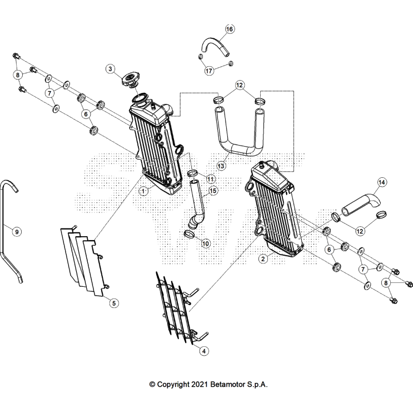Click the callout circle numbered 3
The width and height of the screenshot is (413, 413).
111,69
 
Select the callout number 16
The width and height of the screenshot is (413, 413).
230,29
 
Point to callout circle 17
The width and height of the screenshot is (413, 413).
210,71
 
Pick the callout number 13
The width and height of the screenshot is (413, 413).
221,165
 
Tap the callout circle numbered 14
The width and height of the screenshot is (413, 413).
382,182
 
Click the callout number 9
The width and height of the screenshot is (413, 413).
16,231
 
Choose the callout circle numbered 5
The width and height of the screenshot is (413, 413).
113,303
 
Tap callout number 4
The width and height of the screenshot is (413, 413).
205,351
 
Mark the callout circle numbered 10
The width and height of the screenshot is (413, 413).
206,243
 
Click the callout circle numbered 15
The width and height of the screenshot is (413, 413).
212,191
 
